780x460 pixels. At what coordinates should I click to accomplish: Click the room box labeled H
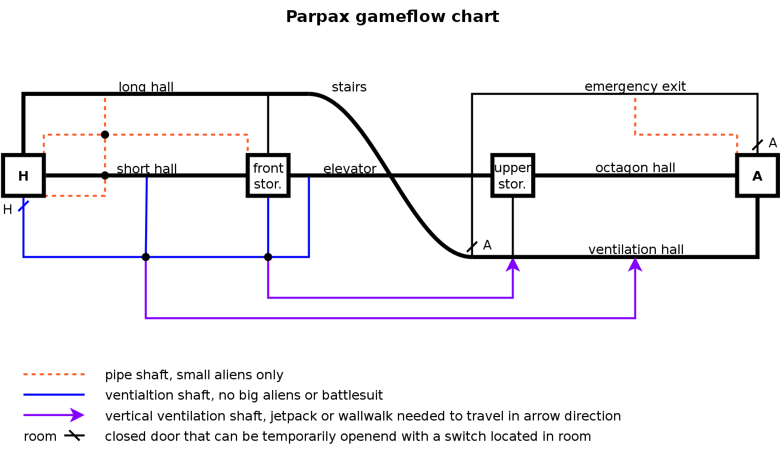coord(23,176)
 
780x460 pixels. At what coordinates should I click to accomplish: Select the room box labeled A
coord(757,176)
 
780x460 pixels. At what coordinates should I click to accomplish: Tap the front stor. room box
coord(268,176)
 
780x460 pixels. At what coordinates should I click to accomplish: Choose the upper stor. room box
coord(512,176)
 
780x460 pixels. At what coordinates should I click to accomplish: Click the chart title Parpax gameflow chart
coord(392,17)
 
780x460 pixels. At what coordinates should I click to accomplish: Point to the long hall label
coord(146,87)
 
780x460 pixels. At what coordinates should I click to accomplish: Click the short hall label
coord(147,169)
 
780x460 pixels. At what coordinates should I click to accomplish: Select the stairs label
coord(349,87)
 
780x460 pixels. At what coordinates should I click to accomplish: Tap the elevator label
coord(349,169)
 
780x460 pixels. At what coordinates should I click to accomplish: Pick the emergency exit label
coord(635,86)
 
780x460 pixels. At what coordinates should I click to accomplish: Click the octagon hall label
coord(635,168)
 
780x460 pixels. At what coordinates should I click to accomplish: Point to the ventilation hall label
coord(636,249)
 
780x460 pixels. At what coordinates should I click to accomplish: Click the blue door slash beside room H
coord(24,205)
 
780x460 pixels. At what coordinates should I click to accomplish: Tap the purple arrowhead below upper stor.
coord(512,264)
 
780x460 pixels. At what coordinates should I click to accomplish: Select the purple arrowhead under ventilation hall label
coord(636,264)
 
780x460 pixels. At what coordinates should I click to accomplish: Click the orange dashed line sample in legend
coord(54,374)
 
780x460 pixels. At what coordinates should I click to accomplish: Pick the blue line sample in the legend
coord(54,395)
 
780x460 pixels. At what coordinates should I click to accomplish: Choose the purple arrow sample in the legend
coord(54,415)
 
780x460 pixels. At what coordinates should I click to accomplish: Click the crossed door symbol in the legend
coord(74,436)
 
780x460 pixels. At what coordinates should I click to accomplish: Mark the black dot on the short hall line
coord(105,175)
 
